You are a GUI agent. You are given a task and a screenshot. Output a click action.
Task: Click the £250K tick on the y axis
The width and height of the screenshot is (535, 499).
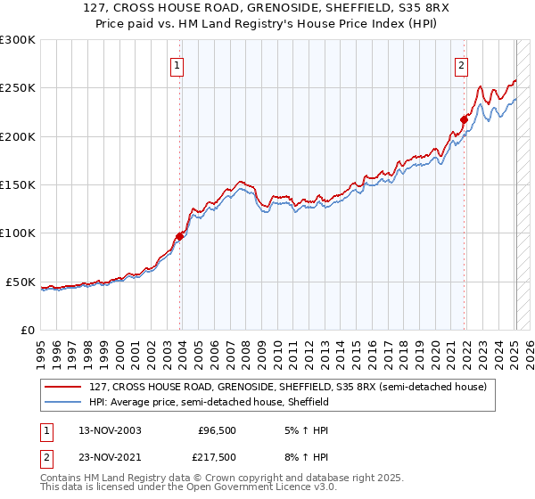tap(18, 88)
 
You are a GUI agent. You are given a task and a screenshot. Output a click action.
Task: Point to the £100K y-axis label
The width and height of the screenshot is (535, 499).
tap(18, 233)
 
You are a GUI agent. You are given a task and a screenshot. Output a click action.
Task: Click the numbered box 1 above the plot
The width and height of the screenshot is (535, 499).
tap(177, 65)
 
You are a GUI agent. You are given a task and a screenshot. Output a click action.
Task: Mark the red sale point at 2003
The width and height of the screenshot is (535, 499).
tap(180, 236)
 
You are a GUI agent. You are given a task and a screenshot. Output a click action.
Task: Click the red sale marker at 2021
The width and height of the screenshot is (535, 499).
tap(465, 119)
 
